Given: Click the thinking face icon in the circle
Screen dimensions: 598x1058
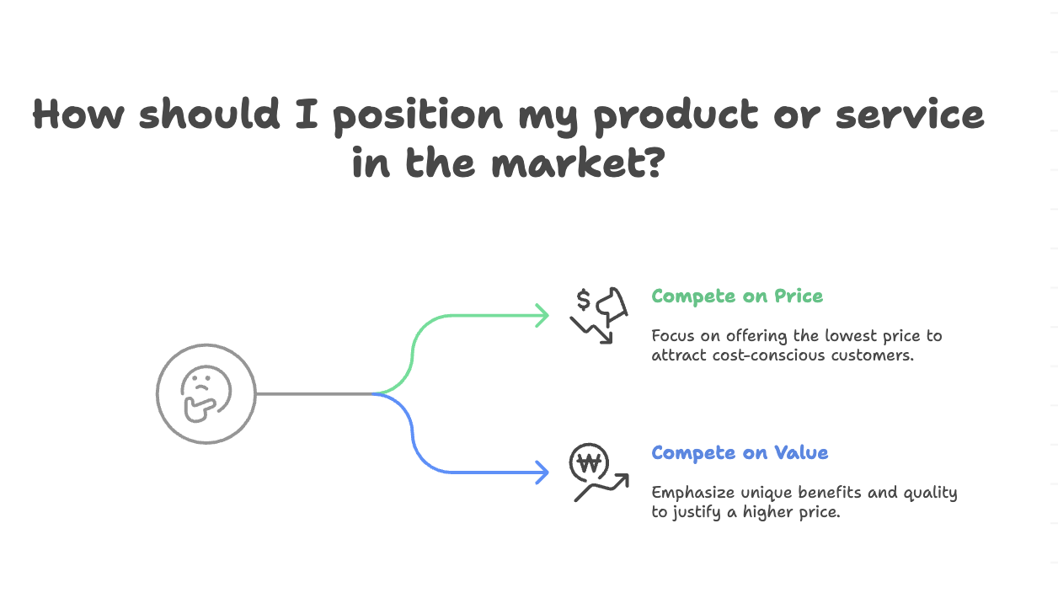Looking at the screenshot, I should click(x=206, y=393).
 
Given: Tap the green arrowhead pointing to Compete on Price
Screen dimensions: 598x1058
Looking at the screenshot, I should click(x=542, y=316).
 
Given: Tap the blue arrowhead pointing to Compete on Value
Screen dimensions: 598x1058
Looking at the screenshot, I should click(x=542, y=472).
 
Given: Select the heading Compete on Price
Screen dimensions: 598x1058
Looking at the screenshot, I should click(x=737, y=296).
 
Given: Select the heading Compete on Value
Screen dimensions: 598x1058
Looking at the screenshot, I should click(x=740, y=453).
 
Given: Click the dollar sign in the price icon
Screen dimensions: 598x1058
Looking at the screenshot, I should click(x=583, y=300).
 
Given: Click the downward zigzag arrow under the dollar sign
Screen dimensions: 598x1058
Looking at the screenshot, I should click(x=592, y=329).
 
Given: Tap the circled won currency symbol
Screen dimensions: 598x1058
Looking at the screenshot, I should click(x=589, y=462).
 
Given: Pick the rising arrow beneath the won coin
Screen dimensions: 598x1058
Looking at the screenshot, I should click(x=601, y=488).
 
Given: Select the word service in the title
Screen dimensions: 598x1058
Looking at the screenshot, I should click(x=910, y=115).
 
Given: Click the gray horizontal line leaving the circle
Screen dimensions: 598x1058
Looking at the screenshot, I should click(x=312, y=393).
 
